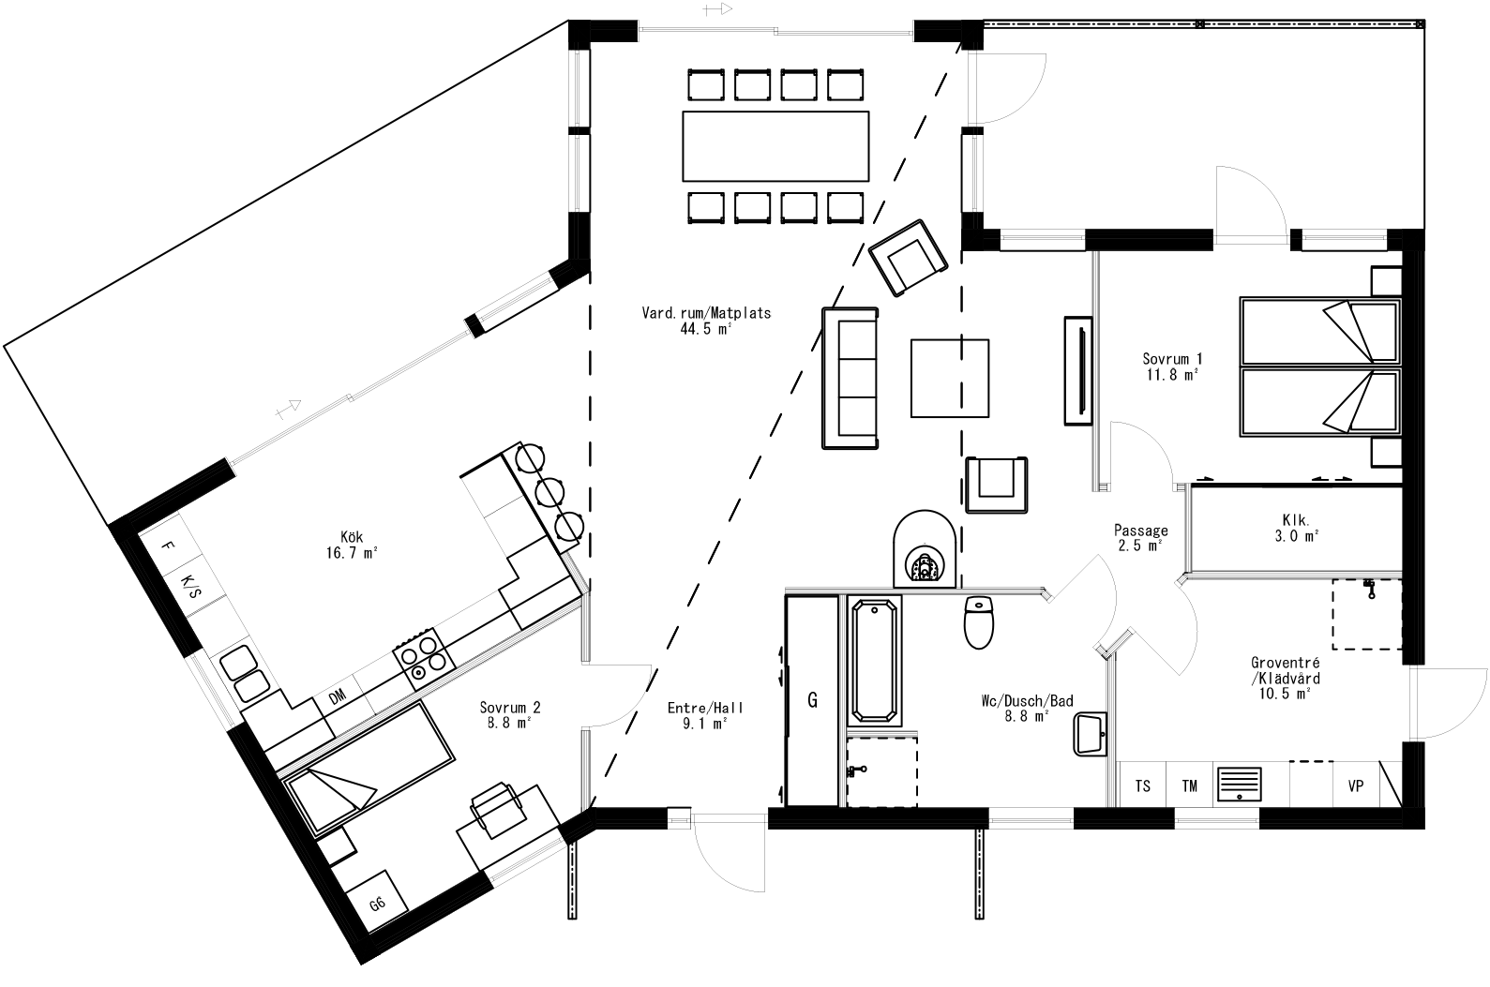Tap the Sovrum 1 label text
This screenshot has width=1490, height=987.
coord(1172,366)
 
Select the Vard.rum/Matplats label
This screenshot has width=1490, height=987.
coord(706,320)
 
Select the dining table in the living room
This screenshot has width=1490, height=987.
coord(775,145)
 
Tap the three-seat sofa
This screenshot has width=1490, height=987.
coord(850,378)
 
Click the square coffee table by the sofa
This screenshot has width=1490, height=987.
coord(950,378)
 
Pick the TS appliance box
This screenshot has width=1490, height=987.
coord(1143,785)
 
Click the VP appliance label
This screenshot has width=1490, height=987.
coord(1355,785)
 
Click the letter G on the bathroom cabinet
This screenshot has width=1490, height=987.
coord(812,699)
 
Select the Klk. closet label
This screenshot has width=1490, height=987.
coord(1295,527)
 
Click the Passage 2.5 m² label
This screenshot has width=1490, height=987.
coord(1141,537)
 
